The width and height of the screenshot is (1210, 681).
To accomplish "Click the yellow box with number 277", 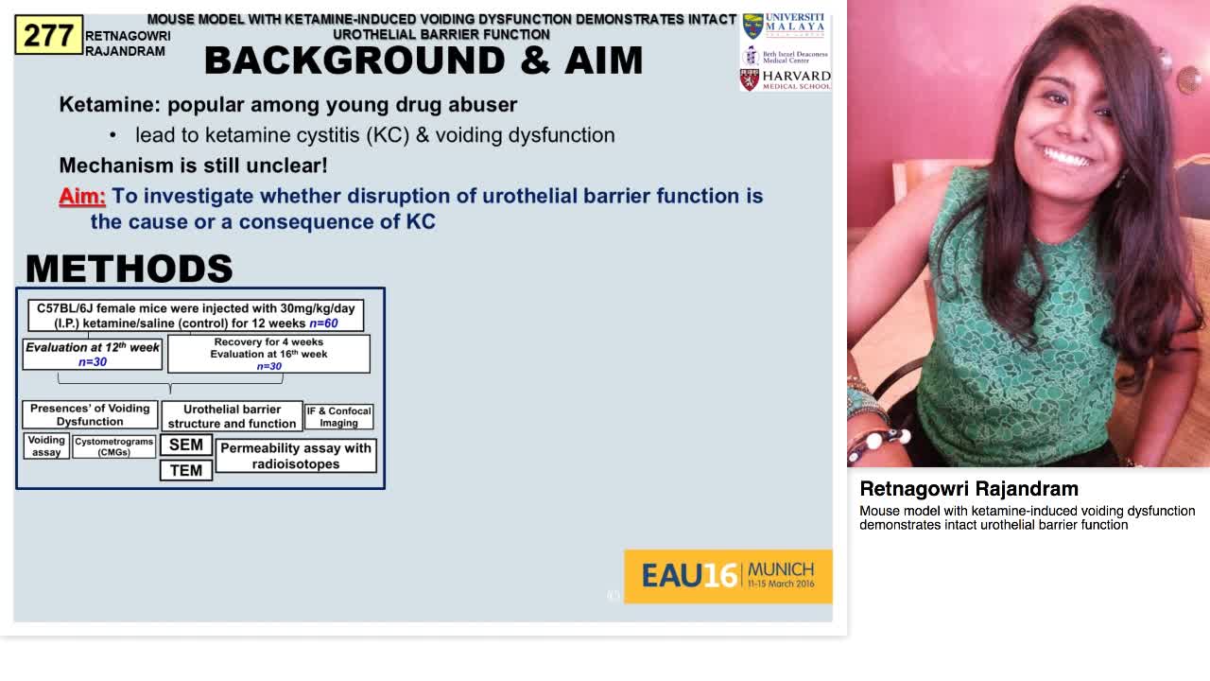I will [x=49, y=36].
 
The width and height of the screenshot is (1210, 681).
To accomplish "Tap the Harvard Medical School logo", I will [x=786, y=79].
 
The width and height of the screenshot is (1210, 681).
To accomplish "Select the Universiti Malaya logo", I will [x=786, y=26].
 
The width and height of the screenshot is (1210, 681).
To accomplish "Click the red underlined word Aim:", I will [x=82, y=197].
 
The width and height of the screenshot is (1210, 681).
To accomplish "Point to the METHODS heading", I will [x=129, y=269].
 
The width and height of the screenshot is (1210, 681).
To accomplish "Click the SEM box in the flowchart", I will [x=186, y=445].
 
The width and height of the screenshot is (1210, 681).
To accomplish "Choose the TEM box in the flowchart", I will [x=186, y=470].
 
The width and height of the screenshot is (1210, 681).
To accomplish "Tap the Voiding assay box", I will [x=46, y=446].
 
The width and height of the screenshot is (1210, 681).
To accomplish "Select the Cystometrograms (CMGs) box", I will [x=114, y=446].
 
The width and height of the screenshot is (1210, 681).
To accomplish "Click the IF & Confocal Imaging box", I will [x=338, y=417].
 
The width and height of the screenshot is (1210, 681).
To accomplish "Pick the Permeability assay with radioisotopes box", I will [x=296, y=456].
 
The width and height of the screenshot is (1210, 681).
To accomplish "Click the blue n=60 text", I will [x=323, y=323].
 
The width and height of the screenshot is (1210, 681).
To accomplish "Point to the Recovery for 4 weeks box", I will [x=268, y=354].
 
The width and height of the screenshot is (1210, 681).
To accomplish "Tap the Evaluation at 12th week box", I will [x=93, y=354].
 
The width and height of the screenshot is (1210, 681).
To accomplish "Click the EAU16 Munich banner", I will [x=728, y=576].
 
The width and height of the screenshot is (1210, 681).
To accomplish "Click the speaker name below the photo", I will [x=969, y=489].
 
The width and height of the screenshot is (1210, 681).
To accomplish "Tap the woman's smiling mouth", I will [x=1067, y=155].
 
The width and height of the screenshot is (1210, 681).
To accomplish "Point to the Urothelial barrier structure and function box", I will [x=232, y=416].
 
